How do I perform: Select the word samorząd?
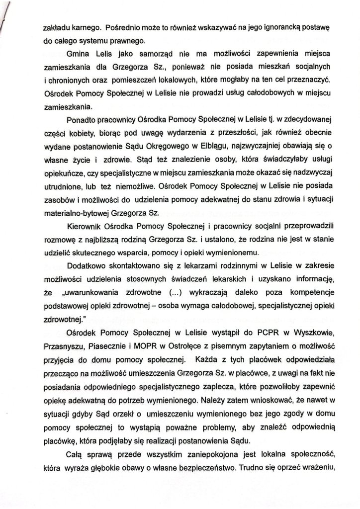coord(150,53)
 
